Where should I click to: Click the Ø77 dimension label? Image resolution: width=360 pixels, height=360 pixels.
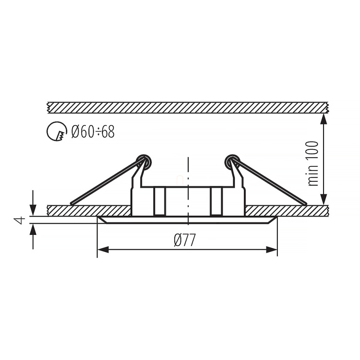click(185, 240)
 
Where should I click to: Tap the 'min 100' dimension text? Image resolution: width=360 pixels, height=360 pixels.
click(313, 164)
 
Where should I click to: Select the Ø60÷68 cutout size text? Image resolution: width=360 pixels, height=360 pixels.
click(93, 132)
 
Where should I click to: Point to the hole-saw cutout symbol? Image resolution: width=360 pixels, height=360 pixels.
click(57, 131)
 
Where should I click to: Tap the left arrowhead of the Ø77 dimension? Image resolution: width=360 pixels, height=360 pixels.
click(103, 250)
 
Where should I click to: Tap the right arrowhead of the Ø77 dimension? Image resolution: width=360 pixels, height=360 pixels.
click(272, 250)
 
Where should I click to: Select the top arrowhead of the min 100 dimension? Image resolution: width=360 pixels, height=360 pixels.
click(324, 119)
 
